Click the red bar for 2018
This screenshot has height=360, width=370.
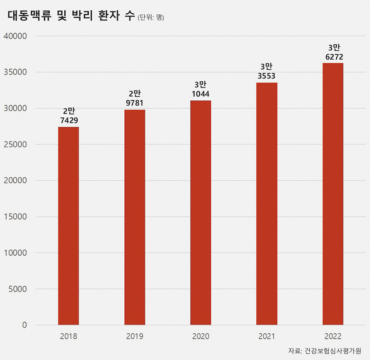pyautogui.click(x=68, y=226)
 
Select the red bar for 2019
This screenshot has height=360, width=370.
pyautogui.click(x=135, y=217)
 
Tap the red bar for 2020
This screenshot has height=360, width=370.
pyautogui.click(x=201, y=213)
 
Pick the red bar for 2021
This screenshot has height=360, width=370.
pyautogui.click(x=267, y=204)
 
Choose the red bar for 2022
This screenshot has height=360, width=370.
pyautogui.click(x=333, y=194)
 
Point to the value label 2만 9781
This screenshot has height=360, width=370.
pyautogui.click(x=135, y=98)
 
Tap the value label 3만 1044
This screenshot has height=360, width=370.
pyautogui.click(x=201, y=89)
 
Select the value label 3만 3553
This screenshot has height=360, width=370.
pyautogui.click(x=267, y=71)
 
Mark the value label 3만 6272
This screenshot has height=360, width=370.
pyautogui.click(x=333, y=52)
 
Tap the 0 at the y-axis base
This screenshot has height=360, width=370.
pyautogui.click(x=24, y=325)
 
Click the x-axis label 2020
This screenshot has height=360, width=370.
pyautogui.click(x=201, y=337)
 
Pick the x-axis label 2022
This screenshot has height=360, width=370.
pyautogui.click(x=333, y=337)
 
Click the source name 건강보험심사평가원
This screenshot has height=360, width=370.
pyautogui.click(x=333, y=351)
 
